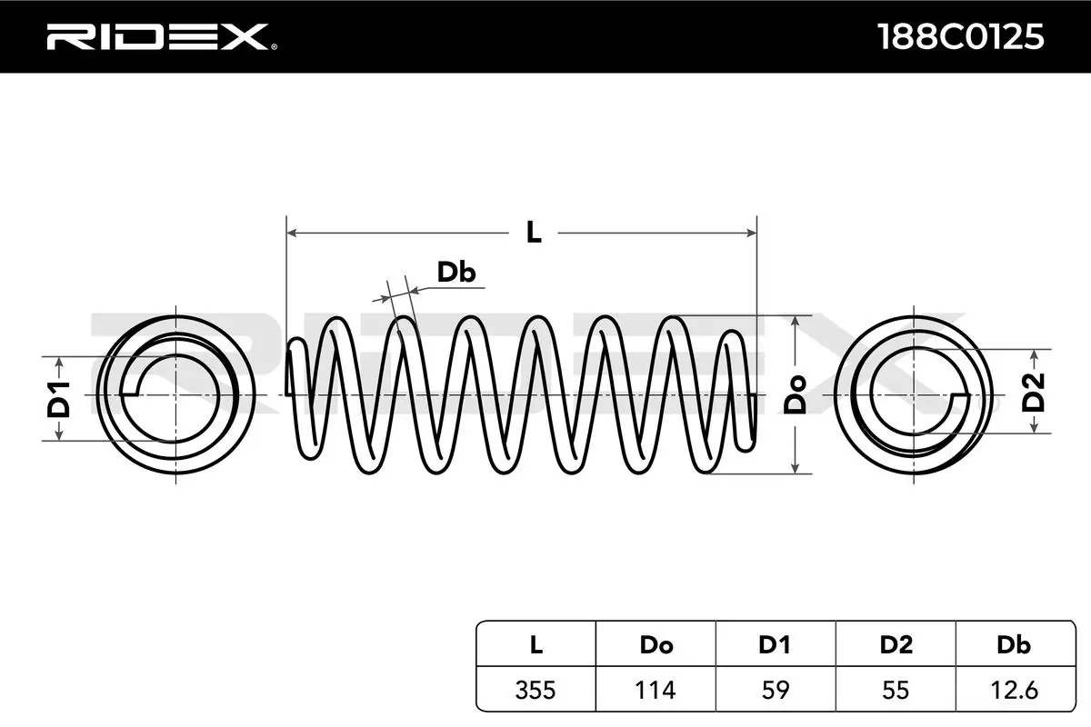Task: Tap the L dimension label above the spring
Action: tap(534, 233)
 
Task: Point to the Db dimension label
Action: tap(456, 273)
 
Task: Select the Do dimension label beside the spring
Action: tap(796, 395)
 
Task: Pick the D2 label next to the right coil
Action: tap(1034, 393)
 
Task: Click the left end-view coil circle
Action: tap(173, 395)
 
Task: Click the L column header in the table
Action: tap(535, 645)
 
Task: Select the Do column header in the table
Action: tap(656, 645)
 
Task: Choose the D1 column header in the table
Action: tap(776, 645)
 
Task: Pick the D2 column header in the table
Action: tap(896, 645)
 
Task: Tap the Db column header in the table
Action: tap(1014, 645)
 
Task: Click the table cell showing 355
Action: tap(535, 690)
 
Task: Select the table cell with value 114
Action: tap(656, 690)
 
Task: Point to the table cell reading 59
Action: tap(776, 690)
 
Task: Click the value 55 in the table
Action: tap(896, 690)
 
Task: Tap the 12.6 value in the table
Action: tap(1014, 690)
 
